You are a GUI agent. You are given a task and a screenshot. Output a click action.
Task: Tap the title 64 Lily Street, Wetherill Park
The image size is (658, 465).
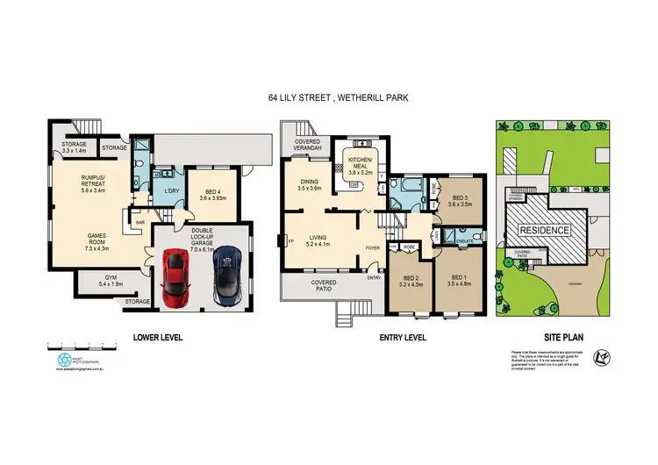tap(329, 99)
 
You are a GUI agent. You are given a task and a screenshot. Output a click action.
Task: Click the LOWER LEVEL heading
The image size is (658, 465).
tap(158, 337)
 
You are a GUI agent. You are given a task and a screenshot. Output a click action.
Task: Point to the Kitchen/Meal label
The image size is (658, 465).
tap(361, 166)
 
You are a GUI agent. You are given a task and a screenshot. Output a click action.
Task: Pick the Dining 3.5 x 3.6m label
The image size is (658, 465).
tap(309, 184)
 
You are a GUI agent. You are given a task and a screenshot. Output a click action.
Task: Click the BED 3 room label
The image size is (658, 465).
tap(460, 200)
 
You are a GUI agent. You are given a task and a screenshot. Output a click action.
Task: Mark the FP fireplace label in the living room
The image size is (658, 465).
tap(290, 240)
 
